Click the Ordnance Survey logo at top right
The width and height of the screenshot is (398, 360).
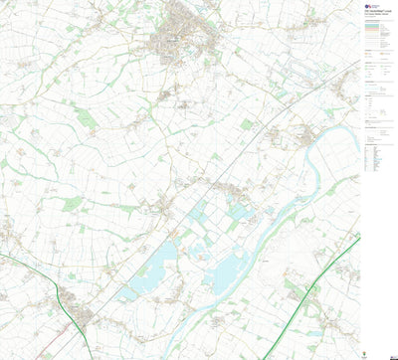371,5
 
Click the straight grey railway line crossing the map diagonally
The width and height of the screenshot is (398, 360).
239,149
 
